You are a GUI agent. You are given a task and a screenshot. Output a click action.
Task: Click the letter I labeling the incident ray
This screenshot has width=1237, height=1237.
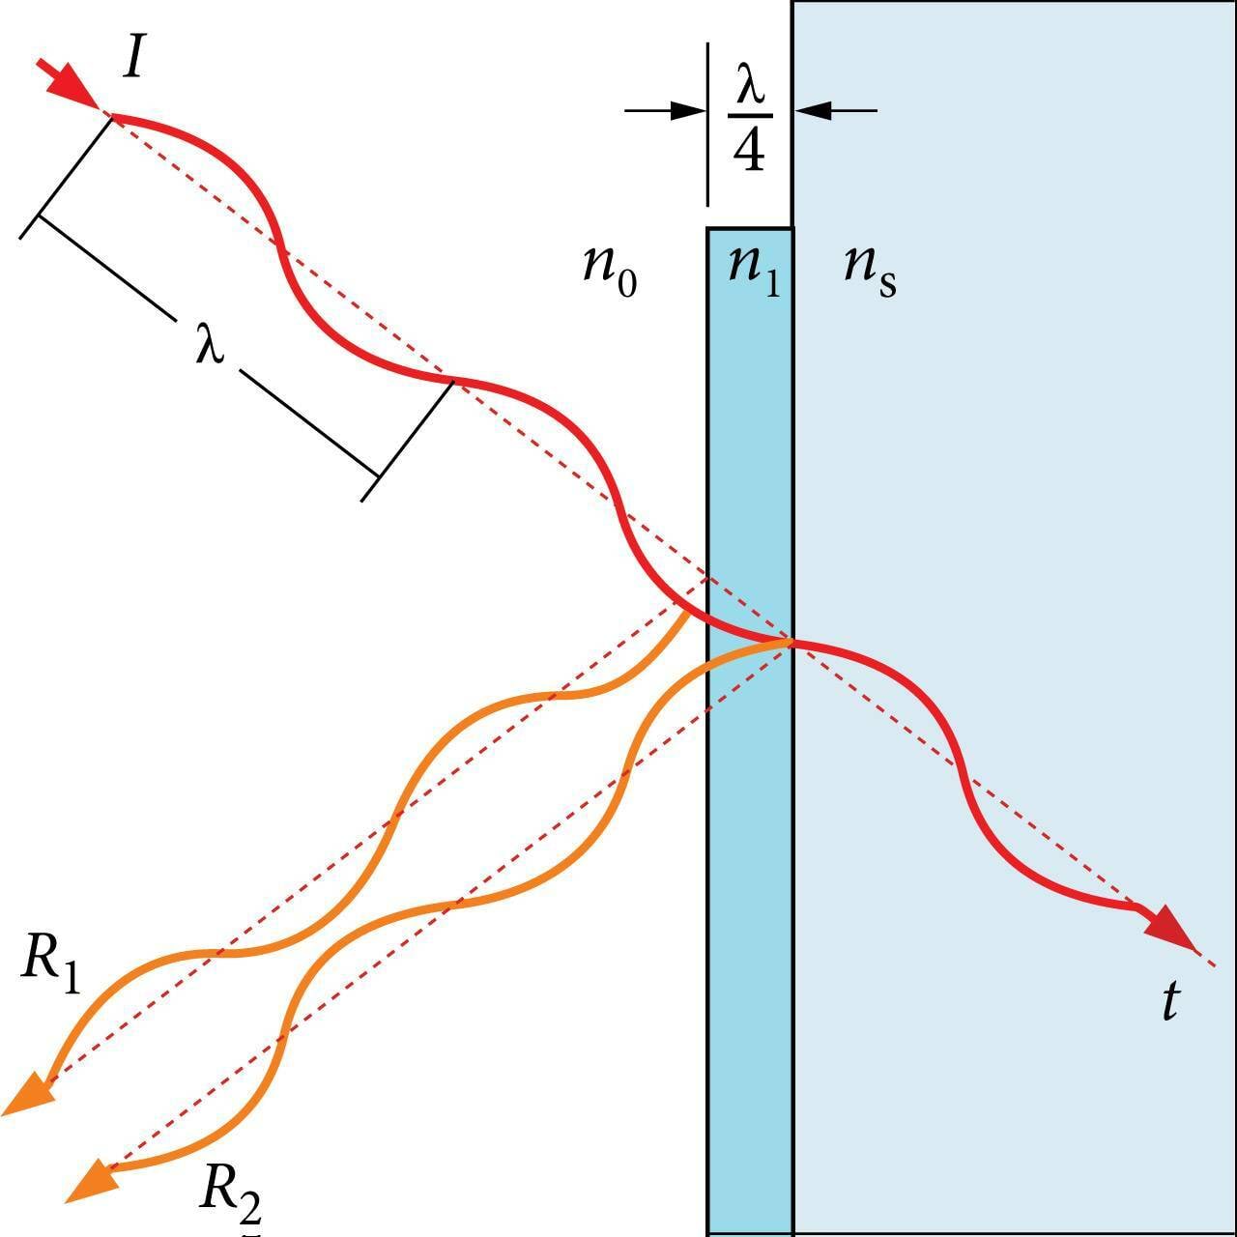click(135, 59)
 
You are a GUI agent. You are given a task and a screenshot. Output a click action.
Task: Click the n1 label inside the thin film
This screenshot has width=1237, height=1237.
click(753, 266)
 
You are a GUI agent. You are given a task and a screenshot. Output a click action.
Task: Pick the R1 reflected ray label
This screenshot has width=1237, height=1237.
click(50, 964)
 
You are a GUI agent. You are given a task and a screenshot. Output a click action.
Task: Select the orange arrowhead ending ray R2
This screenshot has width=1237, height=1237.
click(90, 1180)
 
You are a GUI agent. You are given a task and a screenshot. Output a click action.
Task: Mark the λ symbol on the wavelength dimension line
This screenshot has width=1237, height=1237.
click(210, 346)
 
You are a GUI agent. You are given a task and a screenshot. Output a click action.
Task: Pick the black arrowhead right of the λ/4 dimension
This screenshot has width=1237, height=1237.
click(812, 110)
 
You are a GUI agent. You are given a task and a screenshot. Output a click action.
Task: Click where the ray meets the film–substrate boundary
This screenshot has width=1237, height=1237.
click(792, 641)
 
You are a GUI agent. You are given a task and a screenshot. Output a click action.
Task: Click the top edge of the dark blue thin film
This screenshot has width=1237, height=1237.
click(750, 229)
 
